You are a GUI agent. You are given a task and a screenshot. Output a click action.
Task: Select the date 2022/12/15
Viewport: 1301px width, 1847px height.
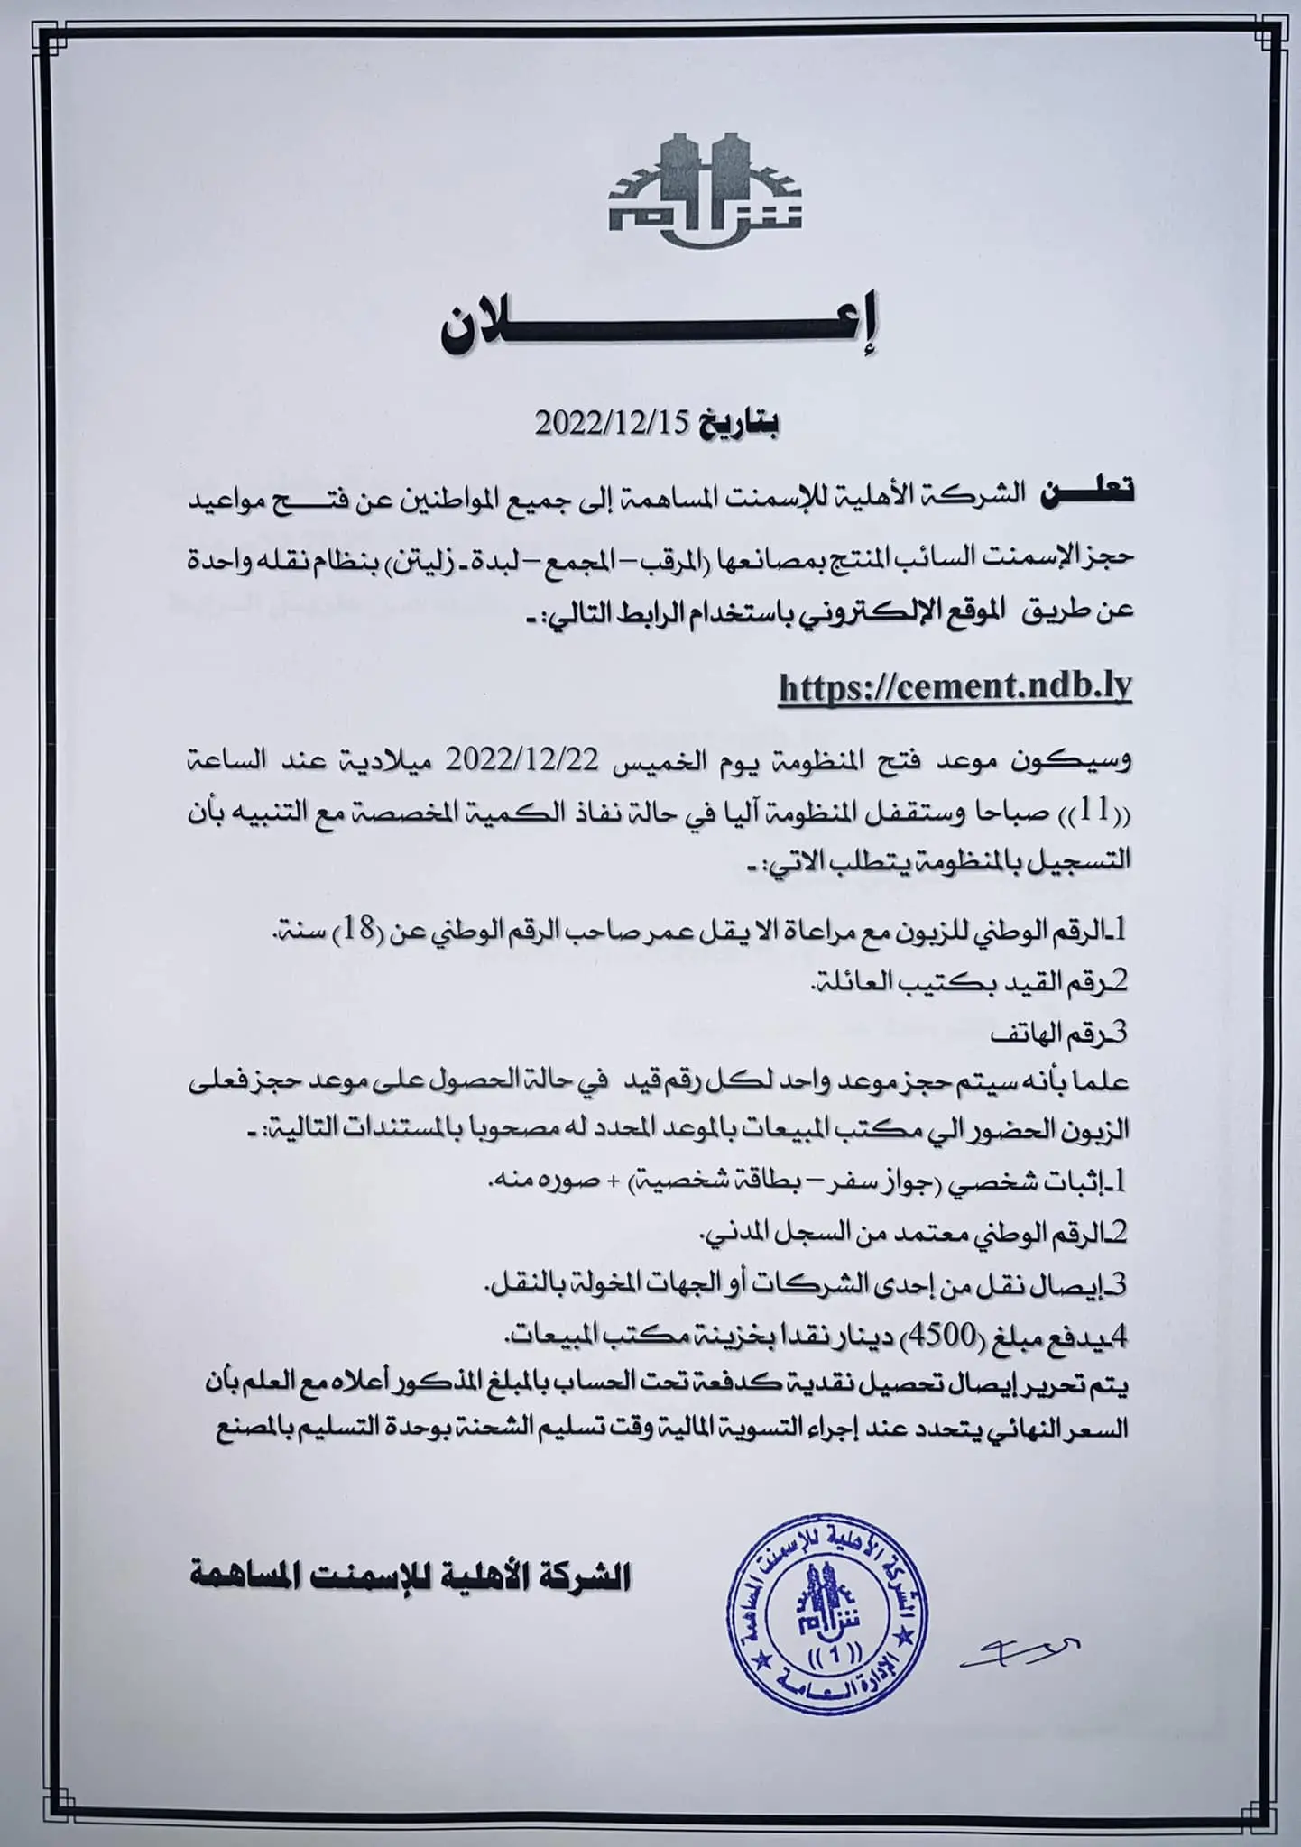pyautogui.click(x=613, y=424)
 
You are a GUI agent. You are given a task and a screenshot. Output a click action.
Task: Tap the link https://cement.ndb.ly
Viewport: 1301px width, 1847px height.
pyautogui.click(x=955, y=688)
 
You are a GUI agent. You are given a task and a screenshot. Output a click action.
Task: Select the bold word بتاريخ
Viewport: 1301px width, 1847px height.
pyautogui.click(x=741, y=424)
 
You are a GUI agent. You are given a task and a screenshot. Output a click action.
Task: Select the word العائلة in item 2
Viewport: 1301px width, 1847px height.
pyautogui.click(x=851, y=983)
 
